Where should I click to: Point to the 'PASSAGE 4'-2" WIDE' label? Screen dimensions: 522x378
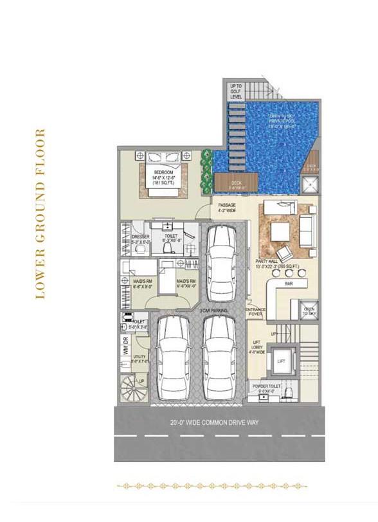pyautogui.click(x=227, y=207)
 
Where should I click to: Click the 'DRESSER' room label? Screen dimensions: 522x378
pyautogui.click(x=139, y=239)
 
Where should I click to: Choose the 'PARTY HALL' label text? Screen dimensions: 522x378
pyautogui.click(x=266, y=261)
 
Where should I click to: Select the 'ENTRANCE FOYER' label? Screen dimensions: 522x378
pyautogui.click(x=256, y=312)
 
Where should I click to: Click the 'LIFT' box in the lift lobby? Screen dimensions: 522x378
pyautogui.click(x=280, y=361)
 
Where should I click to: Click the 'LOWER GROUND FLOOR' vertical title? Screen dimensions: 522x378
pyautogui.click(x=40, y=214)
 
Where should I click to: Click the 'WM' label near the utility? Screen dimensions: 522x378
pyautogui.click(x=125, y=350)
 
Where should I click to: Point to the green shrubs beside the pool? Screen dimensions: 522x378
pyautogui.click(x=206, y=170)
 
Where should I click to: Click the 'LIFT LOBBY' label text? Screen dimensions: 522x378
pyautogui.click(x=256, y=348)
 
